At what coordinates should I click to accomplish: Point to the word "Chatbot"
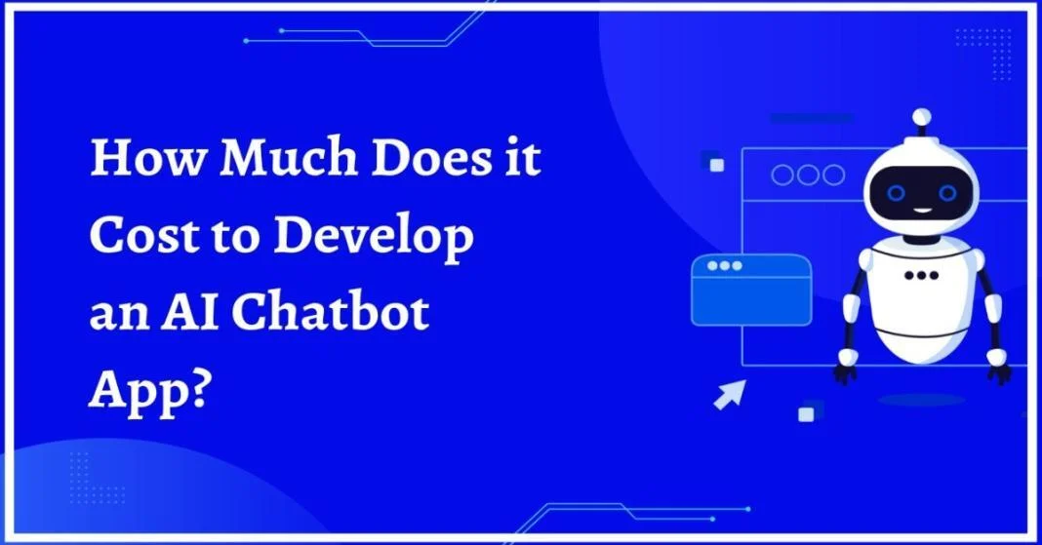click(x=331, y=311)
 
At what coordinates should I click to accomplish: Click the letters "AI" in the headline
click(x=190, y=311)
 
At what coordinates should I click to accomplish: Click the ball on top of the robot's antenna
click(x=922, y=118)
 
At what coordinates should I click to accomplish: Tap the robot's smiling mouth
click(x=922, y=211)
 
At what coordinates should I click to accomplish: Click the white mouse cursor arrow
click(x=730, y=394)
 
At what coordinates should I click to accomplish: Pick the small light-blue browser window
click(x=751, y=291)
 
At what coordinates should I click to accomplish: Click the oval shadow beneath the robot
click(x=922, y=400)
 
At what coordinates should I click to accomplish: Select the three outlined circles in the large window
click(x=808, y=175)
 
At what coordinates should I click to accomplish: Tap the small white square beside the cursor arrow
click(x=806, y=414)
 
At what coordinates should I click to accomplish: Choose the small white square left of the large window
click(x=717, y=165)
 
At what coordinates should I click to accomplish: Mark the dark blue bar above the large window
click(x=812, y=118)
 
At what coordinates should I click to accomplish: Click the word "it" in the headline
click(x=522, y=158)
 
